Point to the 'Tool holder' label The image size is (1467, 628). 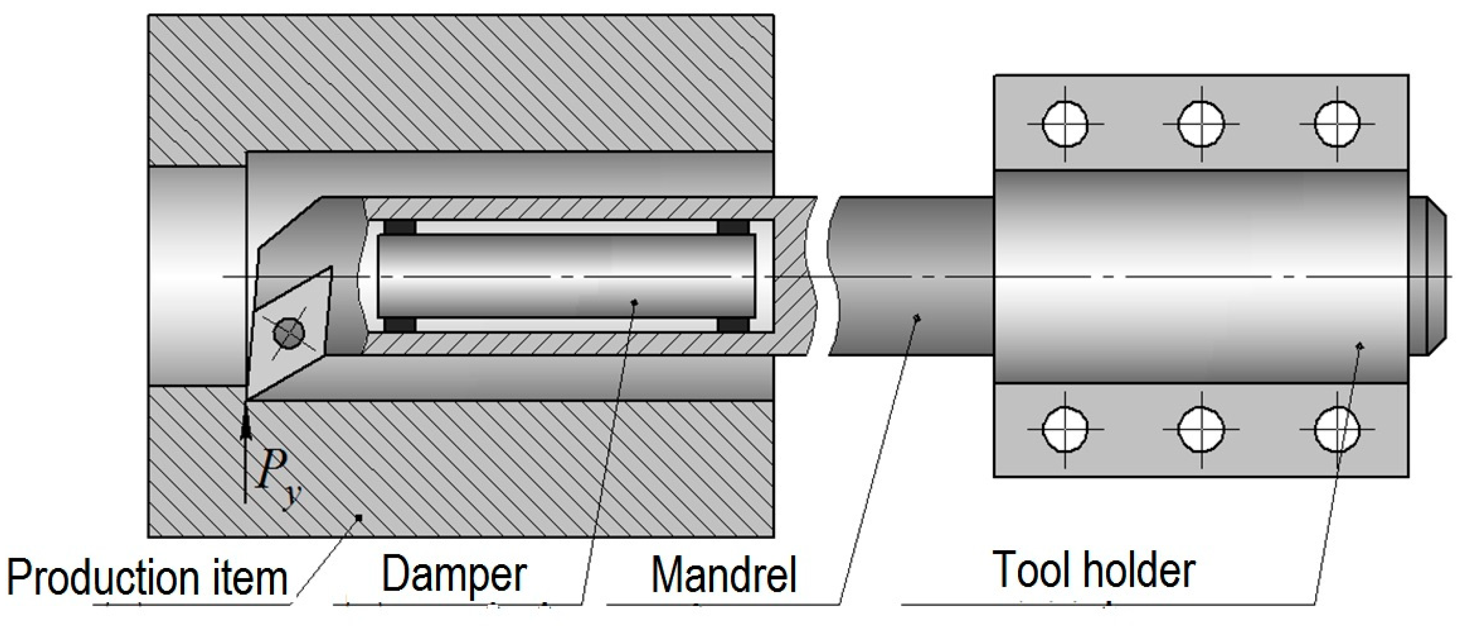pyautogui.click(x=1093, y=570)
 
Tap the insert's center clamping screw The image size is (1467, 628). pyautogui.click(x=289, y=332)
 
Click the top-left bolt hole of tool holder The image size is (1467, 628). pyautogui.click(x=1065, y=124)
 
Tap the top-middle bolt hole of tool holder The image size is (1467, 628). pyautogui.click(x=1200, y=124)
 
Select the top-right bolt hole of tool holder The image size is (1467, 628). pyautogui.click(x=1337, y=124)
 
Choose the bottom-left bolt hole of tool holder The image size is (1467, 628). pyautogui.click(x=1065, y=429)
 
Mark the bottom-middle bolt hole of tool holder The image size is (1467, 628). pyautogui.click(x=1200, y=429)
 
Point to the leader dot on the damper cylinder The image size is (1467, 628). pyautogui.click(x=635, y=302)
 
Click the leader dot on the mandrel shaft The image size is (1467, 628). pyautogui.click(x=916, y=318)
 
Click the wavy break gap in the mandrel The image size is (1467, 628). pyautogui.click(x=823, y=276)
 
